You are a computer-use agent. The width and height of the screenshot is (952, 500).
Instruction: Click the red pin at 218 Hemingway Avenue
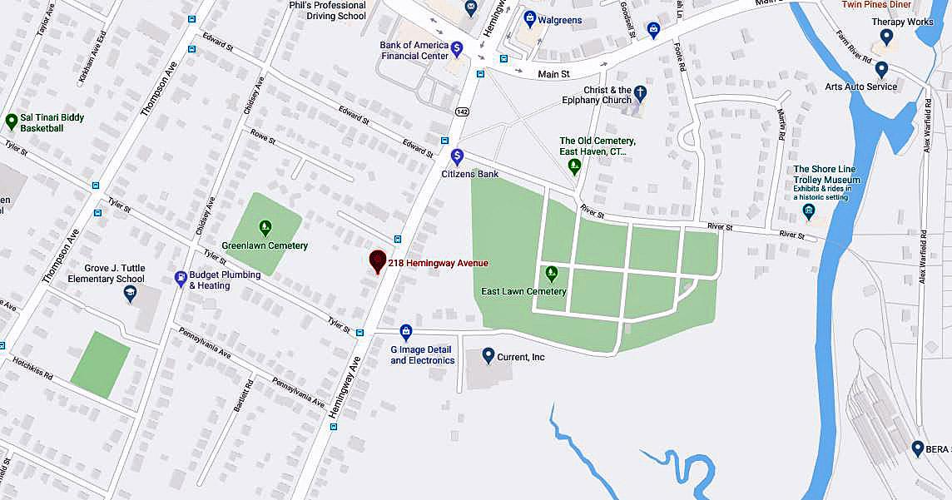click(x=378, y=261)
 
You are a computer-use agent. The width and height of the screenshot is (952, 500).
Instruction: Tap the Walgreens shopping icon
click(x=530, y=18)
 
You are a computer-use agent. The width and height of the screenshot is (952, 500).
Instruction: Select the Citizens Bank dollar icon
click(x=457, y=156)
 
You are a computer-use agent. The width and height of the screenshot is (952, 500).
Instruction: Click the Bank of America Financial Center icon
click(x=456, y=49)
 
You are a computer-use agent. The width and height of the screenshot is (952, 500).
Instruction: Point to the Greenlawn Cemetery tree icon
click(x=265, y=226)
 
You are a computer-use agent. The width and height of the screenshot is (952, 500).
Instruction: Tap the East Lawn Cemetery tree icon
click(x=551, y=273)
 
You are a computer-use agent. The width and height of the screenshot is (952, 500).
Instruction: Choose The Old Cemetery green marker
click(x=574, y=166)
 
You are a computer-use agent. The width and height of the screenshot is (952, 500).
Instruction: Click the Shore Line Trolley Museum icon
click(x=809, y=210)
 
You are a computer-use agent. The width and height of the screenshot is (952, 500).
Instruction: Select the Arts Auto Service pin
click(x=881, y=69)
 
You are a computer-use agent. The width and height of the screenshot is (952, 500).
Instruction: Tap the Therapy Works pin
click(x=886, y=37)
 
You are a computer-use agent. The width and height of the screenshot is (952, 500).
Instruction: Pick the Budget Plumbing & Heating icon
click(x=181, y=279)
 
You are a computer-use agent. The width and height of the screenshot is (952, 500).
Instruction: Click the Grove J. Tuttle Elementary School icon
click(x=130, y=292)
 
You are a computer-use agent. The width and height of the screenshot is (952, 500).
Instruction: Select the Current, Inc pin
click(x=488, y=355)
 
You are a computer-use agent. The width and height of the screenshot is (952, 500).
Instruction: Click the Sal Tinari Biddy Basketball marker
click(x=12, y=122)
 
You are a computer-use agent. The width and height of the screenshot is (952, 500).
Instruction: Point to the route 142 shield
click(x=461, y=111)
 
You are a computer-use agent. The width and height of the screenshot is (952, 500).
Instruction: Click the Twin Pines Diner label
click(x=876, y=5)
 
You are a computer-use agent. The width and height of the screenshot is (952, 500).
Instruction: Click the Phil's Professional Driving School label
click(x=327, y=10)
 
